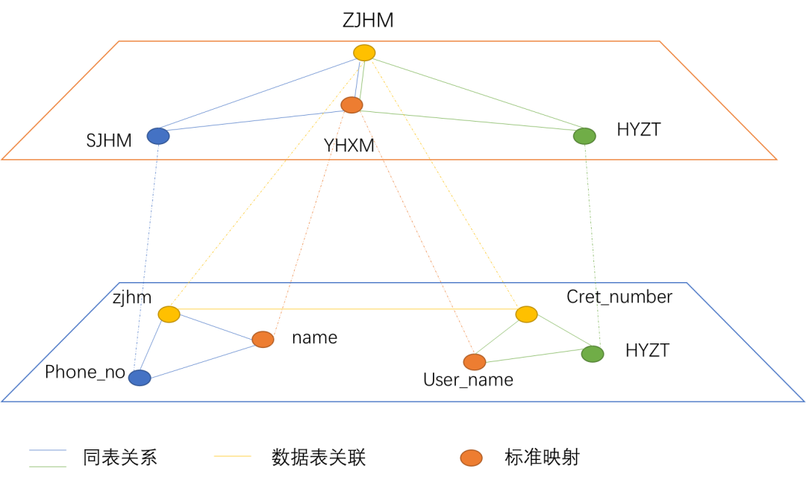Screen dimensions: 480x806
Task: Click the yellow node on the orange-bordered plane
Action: click(364, 52)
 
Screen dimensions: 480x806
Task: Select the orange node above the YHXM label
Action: click(352, 105)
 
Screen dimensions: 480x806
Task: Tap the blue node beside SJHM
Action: click(158, 136)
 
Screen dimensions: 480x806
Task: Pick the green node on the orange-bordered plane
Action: click(584, 136)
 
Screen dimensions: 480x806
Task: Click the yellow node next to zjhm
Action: click(169, 314)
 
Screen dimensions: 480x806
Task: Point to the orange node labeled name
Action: click(263, 339)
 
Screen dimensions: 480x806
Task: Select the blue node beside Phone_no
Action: click(140, 378)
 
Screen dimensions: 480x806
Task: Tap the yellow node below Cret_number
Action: click(526, 315)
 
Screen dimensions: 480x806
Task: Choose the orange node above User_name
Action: click(475, 362)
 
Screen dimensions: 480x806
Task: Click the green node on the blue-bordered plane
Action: click(593, 354)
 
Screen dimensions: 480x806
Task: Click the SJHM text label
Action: click(109, 140)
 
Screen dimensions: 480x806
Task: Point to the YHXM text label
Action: click(349, 146)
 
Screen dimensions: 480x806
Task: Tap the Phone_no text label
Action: click(85, 373)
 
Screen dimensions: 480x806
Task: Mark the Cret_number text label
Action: click(619, 297)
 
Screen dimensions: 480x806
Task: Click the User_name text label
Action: click(468, 380)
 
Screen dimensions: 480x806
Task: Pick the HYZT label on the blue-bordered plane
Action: click(648, 350)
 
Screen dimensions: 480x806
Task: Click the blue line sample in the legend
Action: click(48, 450)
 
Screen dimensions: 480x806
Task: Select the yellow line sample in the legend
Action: click(233, 455)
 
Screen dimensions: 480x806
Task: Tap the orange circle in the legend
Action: click(471, 458)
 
